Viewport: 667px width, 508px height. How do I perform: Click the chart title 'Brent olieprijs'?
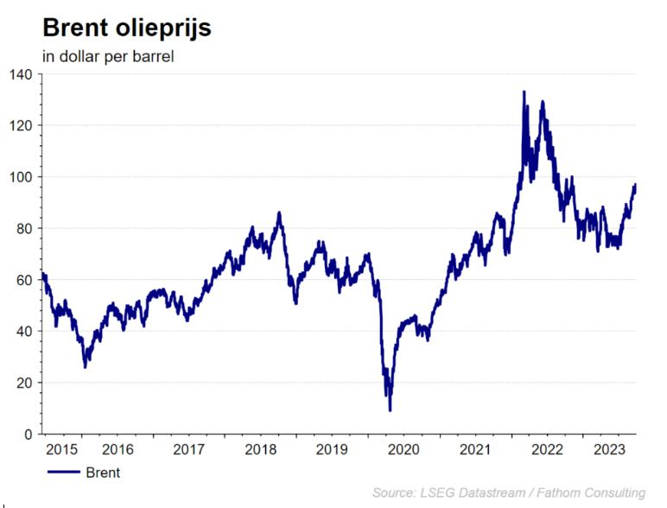coord(126,28)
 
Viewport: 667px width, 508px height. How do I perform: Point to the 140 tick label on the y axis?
coord(21,74)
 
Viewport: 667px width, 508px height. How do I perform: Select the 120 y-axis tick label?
coord(21,125)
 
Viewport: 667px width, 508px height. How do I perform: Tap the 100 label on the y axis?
coord(21,177)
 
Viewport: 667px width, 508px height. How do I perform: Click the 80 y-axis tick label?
coord(24,228)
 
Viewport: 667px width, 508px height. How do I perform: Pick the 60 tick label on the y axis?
coord(24,280)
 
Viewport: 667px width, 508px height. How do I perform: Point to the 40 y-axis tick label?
coord(24,331)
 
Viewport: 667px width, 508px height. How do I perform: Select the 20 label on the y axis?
coord(24,383)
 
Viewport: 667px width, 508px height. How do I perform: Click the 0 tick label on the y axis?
coord(28,434)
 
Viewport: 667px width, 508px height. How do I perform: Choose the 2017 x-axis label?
coord(188,449)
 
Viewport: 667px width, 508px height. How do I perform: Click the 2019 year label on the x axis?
coord(331,449)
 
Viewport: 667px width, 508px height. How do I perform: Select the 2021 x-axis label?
coord(473,449)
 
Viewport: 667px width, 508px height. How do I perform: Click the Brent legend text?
coord(103,473)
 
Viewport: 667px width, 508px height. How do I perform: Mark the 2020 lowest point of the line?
coord(390,410)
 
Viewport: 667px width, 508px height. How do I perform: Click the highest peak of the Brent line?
coord(524,92)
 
